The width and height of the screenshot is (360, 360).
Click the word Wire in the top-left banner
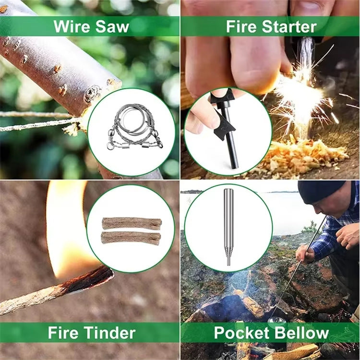coord(72,26)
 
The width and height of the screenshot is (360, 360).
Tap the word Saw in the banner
coord(112,26)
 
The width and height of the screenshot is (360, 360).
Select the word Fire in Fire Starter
coord(241,26)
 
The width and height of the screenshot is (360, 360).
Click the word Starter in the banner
coord(289,26)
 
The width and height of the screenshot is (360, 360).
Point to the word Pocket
coord(241,333)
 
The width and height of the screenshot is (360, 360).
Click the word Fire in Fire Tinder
coord(63,333)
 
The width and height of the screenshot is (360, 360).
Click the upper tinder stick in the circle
coord(132,224)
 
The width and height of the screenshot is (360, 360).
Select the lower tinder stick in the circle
coord(131,238)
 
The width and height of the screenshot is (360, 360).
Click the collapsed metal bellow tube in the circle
coord(228,227)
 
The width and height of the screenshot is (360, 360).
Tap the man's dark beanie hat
coord(320,191)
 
